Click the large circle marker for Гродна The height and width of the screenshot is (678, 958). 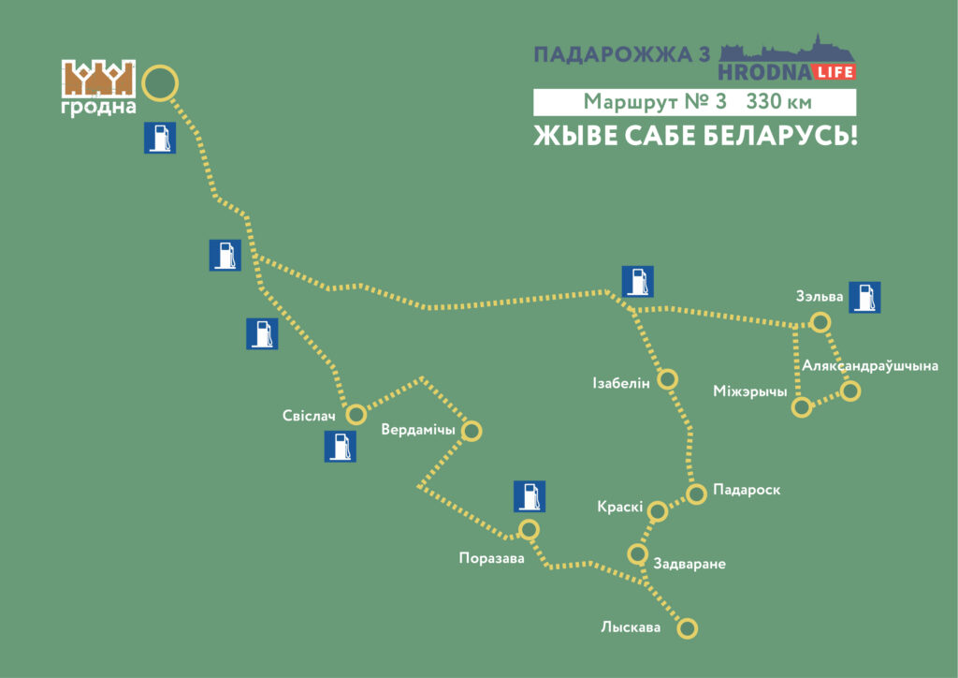[160, 82]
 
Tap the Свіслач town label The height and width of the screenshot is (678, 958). [309, 415]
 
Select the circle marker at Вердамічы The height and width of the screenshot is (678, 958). [472, 431]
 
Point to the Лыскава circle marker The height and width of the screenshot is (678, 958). [688, 628]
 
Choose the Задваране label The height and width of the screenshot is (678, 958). [690, 564]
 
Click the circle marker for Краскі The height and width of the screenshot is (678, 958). [658, 511]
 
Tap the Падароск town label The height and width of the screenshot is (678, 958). [746, 490]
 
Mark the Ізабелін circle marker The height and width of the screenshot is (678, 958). [668, 379]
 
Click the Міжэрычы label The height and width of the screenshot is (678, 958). [750, 391]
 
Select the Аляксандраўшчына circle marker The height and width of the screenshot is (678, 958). [849, 391]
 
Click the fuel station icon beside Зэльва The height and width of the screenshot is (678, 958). [864, 297]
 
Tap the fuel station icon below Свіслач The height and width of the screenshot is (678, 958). [340, 447]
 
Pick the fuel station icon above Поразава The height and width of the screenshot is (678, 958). [530, 496]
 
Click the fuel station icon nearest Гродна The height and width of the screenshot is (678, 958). [159, 138]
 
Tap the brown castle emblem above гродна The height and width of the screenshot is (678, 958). [98, 80]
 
